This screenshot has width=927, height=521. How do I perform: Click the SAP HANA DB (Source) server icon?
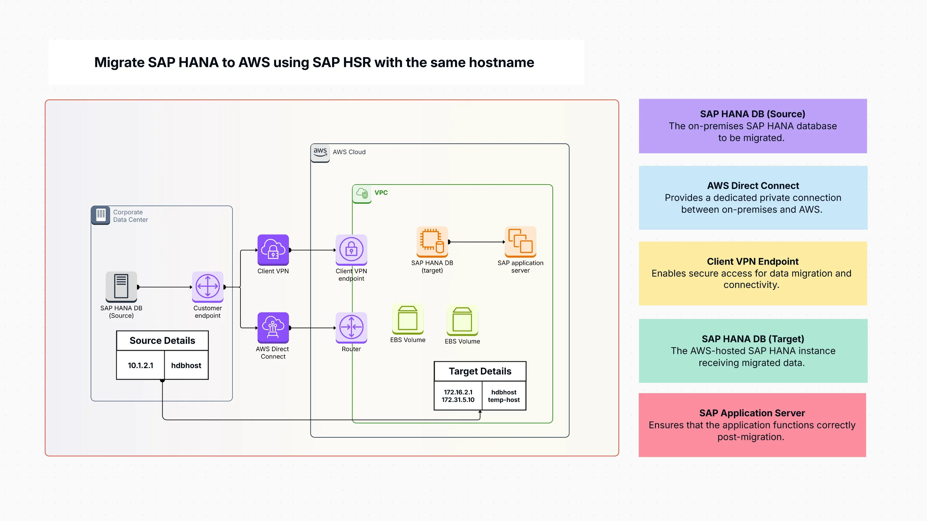pyautogui.click(x=121, y=286)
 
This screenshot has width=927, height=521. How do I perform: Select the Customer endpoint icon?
pyautogui.click(x=208, y=286)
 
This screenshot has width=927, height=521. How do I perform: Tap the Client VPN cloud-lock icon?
pyautogui.click(x=273, y=249)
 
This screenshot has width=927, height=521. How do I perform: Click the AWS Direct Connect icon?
pyautogui.click(x=273, y=327)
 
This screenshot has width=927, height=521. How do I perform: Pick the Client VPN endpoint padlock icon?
pyautogui.click(x=351, y=249)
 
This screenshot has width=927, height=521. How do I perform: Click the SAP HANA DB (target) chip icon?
pyautogui.click(x=432, y=241)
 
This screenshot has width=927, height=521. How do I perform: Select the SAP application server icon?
pyautogui.click(x=520, y=241)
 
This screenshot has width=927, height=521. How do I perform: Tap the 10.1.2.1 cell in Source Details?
pyautogui.click(x=141, y=365)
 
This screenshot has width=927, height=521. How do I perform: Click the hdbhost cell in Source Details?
pyautogui.click(x=186, y=365)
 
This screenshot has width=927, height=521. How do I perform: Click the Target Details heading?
pyautogui.click(x=480, y=371)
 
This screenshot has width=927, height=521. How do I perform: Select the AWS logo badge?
pyautogui.click(x=320, y=152)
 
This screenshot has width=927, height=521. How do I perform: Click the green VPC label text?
pyautogui.click(x=381, y=193)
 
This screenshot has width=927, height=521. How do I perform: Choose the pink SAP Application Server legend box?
pyautogui.click(x=752, y=425)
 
